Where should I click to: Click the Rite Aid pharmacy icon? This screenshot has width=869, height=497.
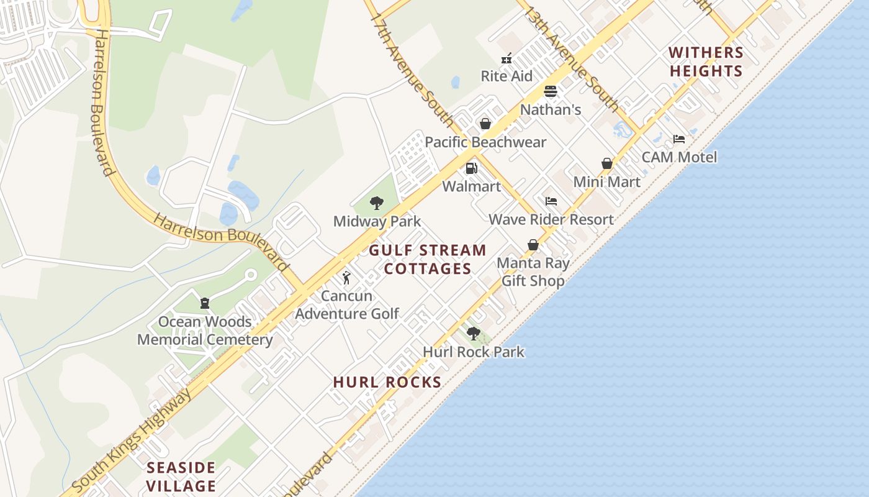[507, 59]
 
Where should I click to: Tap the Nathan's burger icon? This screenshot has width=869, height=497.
[550, 92]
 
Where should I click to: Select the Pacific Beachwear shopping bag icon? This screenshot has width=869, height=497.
[485, 124]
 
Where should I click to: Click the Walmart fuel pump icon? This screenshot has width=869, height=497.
[471, 168]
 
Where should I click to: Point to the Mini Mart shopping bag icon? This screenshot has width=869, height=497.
[607, 163]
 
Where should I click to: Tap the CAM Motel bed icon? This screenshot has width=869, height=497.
[679, 139]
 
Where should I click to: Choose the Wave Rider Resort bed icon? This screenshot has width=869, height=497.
[551, 201]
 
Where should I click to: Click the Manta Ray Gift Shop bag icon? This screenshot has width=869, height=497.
[533, 245]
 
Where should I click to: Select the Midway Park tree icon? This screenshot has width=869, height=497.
[376, 203]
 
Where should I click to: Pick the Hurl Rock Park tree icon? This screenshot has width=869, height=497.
[474, 334]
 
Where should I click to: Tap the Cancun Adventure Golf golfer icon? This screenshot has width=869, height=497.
[346, 278]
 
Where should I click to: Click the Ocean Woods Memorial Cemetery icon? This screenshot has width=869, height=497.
[205, 304]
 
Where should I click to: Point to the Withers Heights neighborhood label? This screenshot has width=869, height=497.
[706, 62]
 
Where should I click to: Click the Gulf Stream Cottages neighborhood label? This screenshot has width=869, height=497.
[428, 259]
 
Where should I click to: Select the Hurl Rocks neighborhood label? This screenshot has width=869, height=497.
[387, 382]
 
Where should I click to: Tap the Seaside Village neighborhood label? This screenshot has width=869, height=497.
[181, 476]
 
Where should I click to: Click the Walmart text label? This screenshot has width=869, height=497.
[471, 186]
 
